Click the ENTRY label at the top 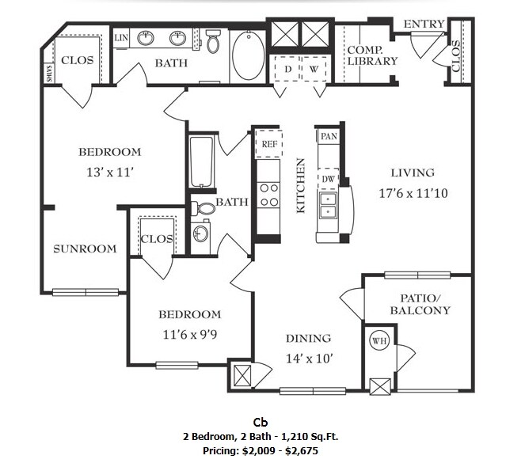(424, 25)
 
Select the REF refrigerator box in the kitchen (268, 143)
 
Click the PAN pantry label (329, 136)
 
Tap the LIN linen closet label (121, 37)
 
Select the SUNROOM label (85, 249)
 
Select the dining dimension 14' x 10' (309, 358)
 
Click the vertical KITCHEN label (301, 185)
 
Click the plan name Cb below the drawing (261, 422)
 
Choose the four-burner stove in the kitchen (269, 195)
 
